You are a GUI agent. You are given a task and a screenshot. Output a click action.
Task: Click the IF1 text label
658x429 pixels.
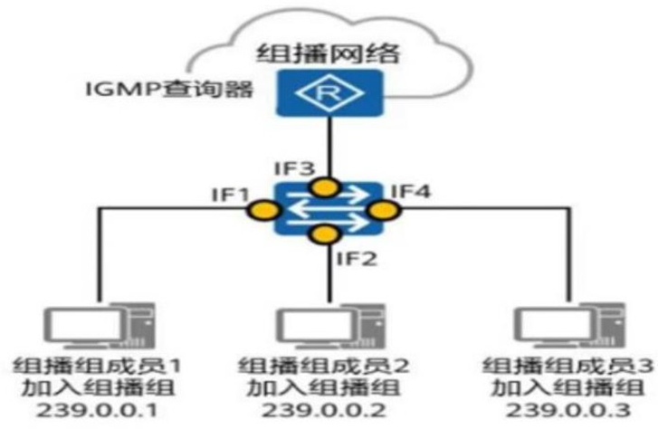pyautogui.click(x=224, y=193)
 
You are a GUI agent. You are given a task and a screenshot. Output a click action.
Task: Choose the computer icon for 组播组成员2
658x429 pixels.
pyautogui.click(x=328, y=323)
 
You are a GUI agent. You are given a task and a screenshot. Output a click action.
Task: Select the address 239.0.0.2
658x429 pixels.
pyautogui.click(x=329, y=412)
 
